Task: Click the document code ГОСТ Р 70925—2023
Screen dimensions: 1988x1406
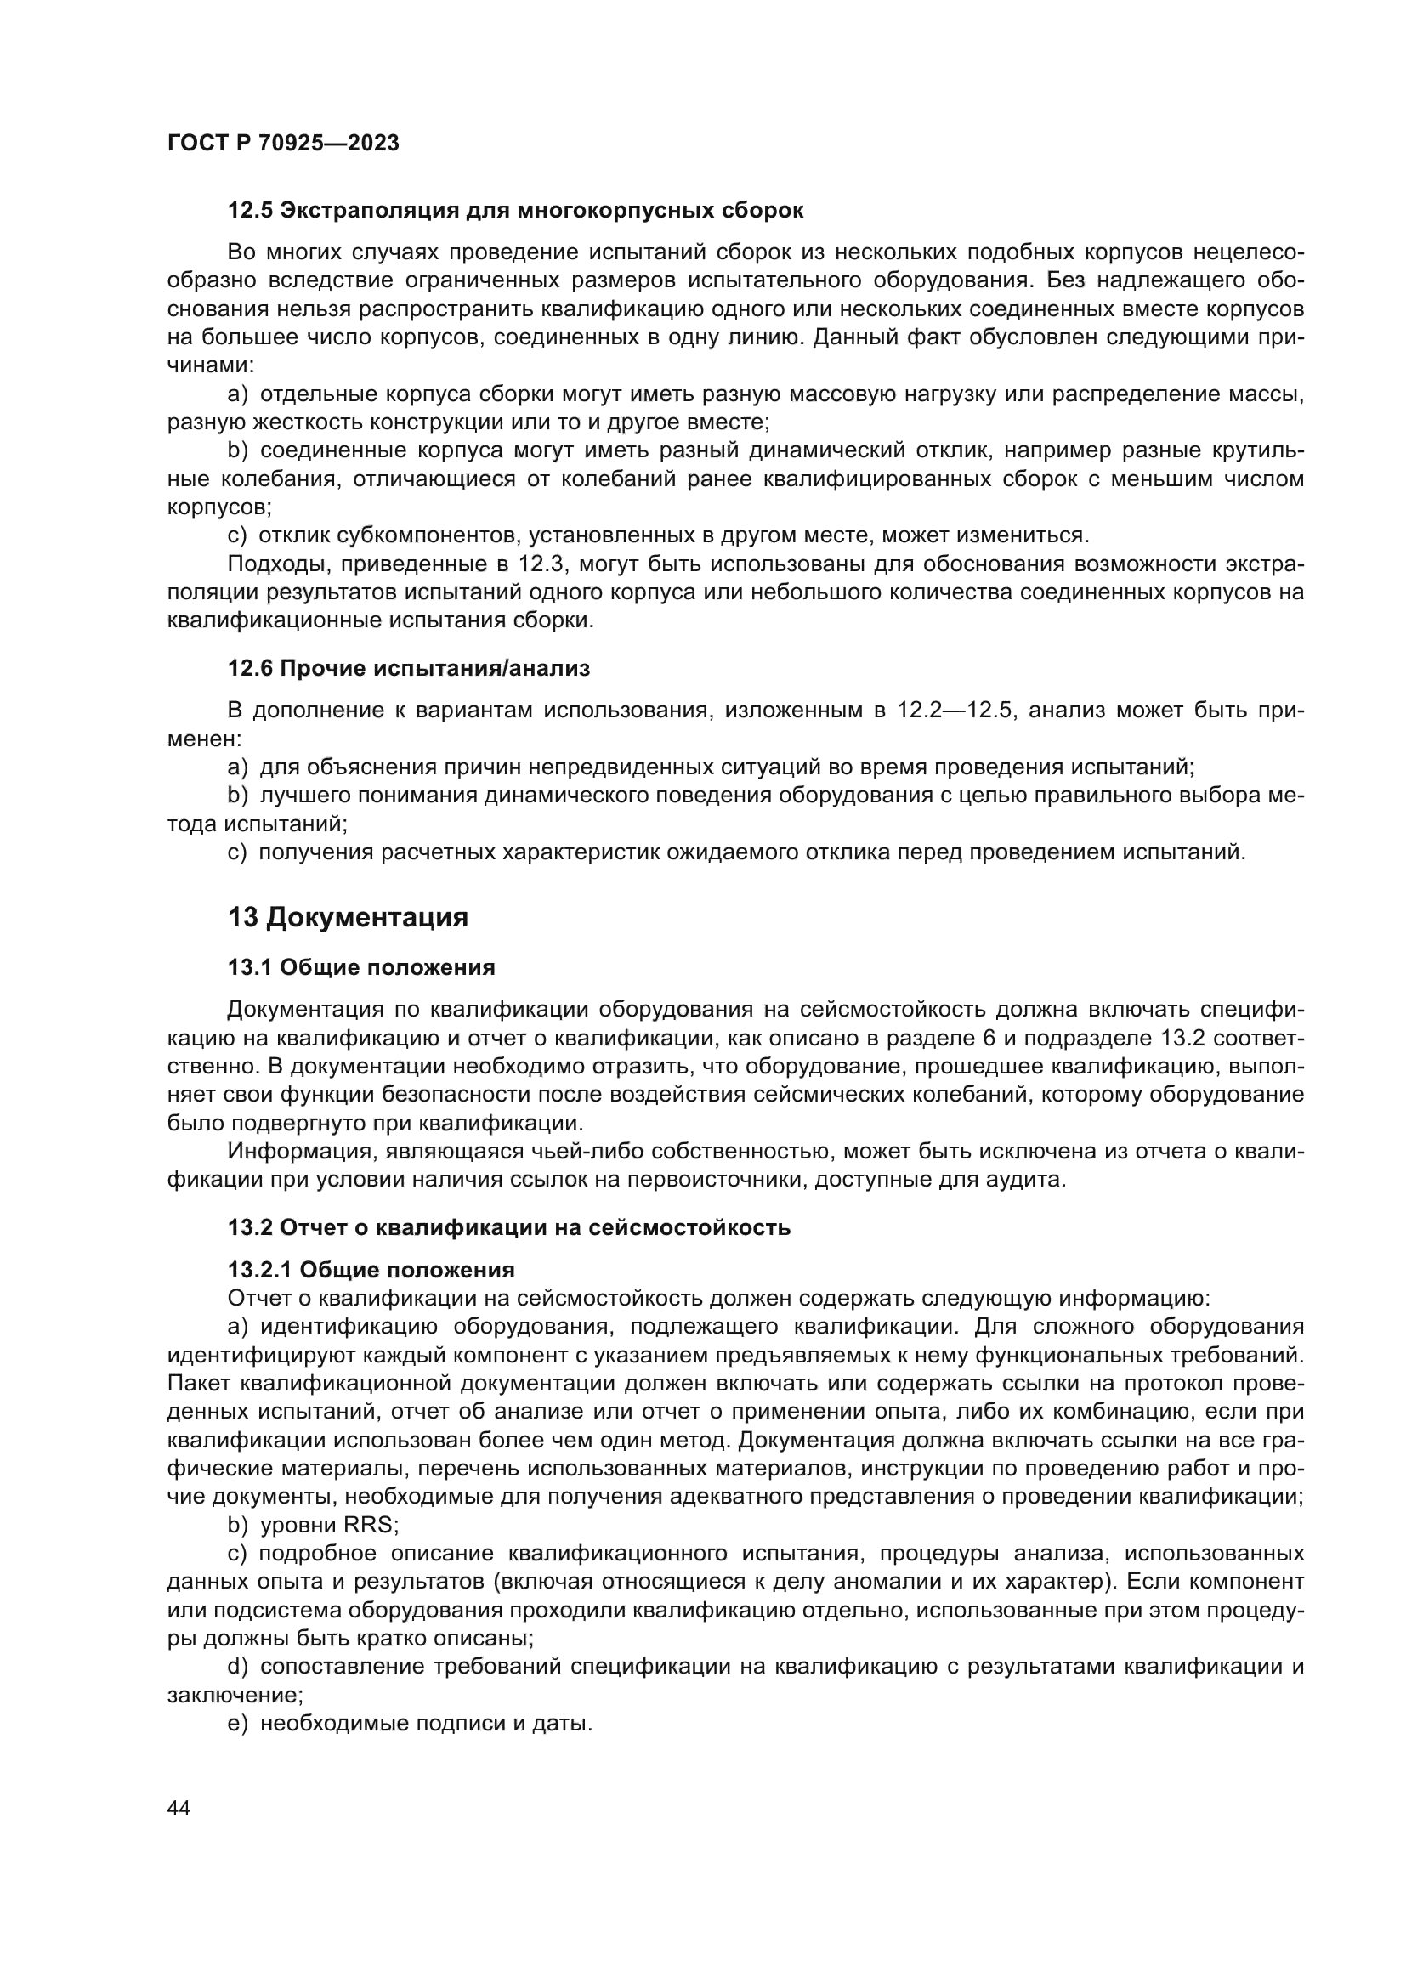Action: [283, 144]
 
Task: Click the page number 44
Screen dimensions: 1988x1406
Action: [179, 1808]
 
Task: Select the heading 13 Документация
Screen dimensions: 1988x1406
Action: [347, 917]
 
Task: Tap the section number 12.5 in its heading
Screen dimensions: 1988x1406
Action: [250, 211]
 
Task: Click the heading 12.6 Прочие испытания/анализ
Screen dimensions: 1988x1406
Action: [409, 668]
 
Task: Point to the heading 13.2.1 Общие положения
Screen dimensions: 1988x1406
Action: [371, 1270]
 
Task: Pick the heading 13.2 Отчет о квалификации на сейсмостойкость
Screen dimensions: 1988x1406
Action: [508, 1227]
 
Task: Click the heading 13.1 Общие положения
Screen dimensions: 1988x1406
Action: [361, 967]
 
